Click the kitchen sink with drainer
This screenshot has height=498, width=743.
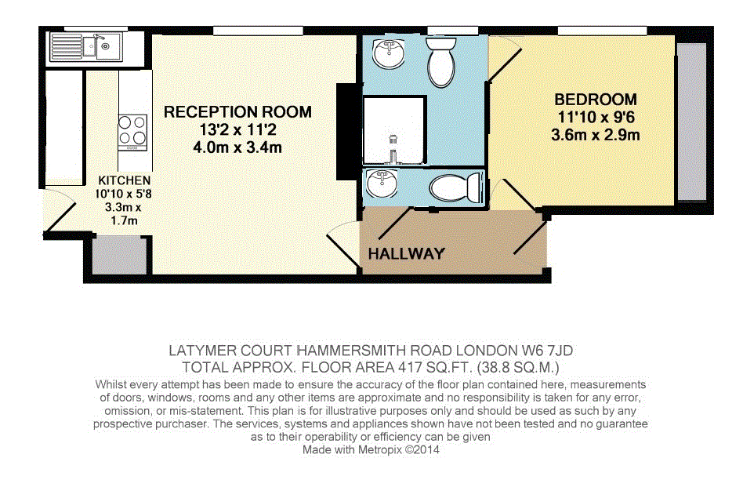pos(85,46)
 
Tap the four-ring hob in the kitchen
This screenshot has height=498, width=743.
pos(132,133)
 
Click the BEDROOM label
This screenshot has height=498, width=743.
pos(596,100)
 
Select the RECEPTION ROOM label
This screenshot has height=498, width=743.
pos(238,112)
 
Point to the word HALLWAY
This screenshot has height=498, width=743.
pos(407,254)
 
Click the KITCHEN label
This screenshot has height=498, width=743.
pos(124,180)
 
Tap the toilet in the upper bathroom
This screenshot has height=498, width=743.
pos(441,63)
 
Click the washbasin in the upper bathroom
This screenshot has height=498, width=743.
pos(389,53)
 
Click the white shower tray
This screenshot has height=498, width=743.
pos(393,130)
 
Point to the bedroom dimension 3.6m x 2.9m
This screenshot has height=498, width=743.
pos(596,135)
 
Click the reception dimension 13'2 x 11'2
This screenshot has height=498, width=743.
pos(238,129)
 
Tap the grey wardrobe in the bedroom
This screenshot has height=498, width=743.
pos(691,123)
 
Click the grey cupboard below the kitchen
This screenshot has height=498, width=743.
pos(119,255)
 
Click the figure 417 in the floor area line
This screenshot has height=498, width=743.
pos(409,368)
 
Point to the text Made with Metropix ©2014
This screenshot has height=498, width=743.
pos(371,449)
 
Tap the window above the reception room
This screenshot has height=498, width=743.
pos(259,31)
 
